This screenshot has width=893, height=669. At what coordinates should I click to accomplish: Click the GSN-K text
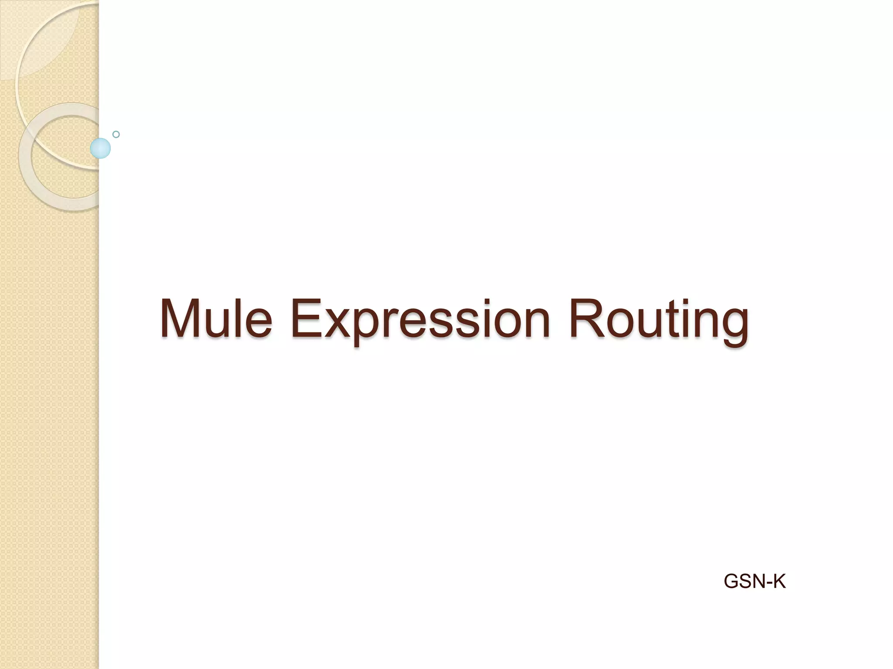tap(754, 581)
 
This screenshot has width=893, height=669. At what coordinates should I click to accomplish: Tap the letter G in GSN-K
tap(731, 581)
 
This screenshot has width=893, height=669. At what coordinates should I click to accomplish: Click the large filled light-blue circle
tap(100, 148)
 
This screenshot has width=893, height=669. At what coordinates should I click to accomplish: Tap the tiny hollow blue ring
tap(116, 134)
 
